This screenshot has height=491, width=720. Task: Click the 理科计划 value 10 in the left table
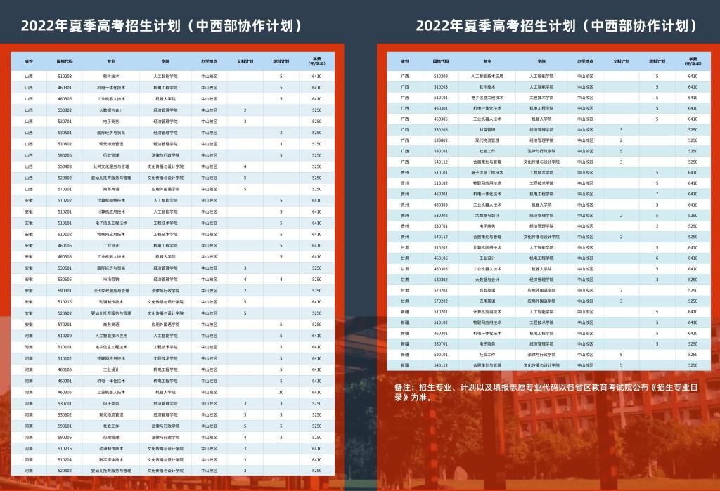coord(281,392)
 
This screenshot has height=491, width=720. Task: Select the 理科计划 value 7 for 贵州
coord(657,194)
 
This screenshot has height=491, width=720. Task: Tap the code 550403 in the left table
coord(65,166)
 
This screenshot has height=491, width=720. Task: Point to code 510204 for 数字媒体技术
coord(65,459)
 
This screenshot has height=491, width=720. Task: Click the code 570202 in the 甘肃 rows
coord(441,301)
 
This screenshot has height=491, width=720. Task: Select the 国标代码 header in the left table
coord(65,61)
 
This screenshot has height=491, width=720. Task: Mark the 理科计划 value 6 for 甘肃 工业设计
coord(657,258)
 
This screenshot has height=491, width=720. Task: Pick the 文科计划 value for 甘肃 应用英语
coord(622,301)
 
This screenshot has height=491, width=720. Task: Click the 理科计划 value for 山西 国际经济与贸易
coord(281,133)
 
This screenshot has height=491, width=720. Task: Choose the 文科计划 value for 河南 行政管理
coord(245,437)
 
